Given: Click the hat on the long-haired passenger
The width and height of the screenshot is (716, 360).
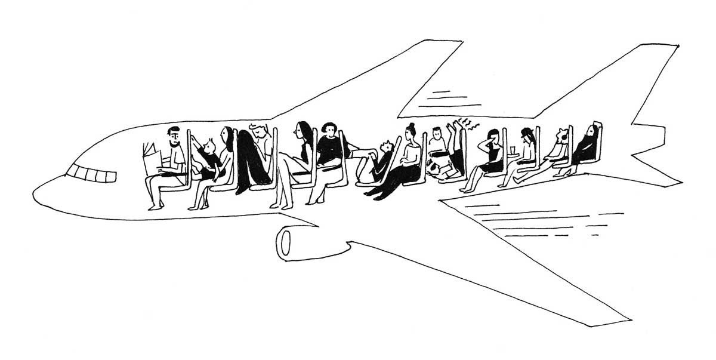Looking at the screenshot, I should click(x=526, y=132).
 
